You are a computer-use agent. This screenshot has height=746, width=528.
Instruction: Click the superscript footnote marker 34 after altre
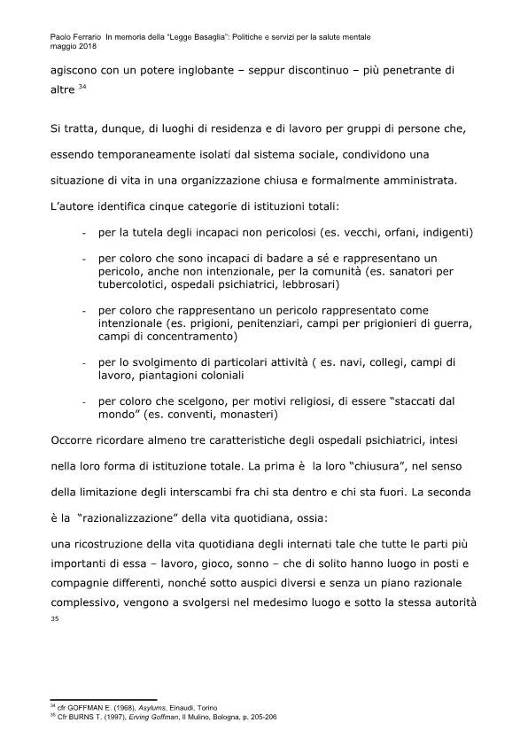[82, 87]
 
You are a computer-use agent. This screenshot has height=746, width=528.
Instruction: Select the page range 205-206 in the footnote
[262, 718]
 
